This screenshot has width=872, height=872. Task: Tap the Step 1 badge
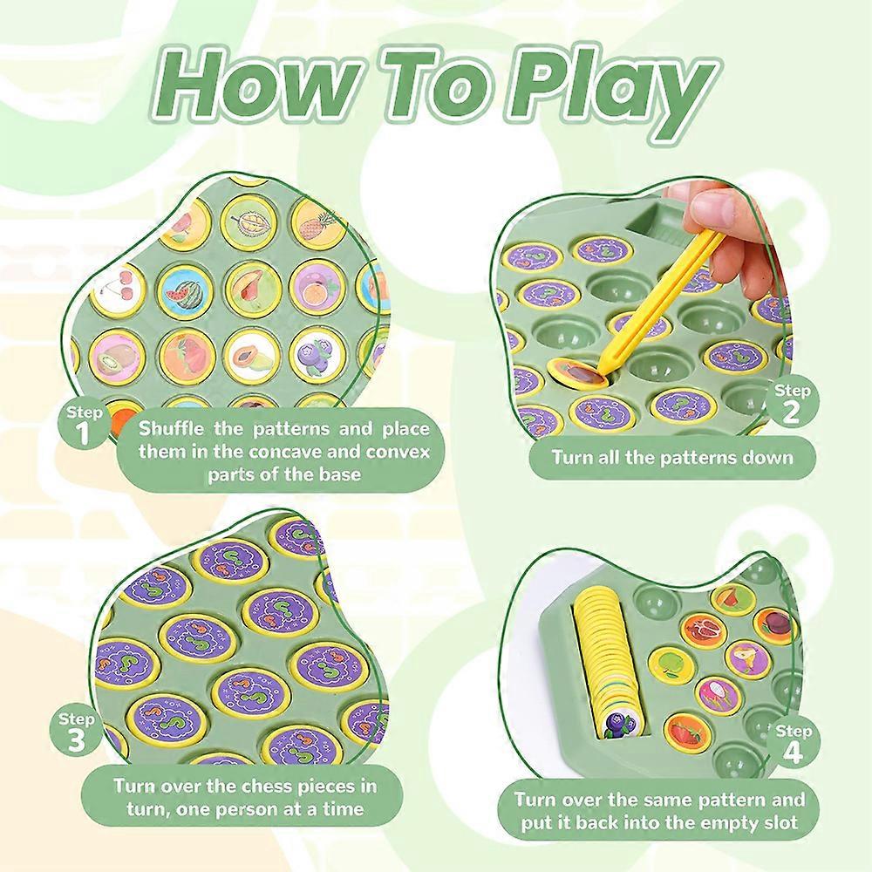(x=84, y=424)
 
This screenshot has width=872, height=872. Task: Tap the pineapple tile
(x=317, y=225)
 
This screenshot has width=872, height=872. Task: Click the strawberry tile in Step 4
(x=689, y=734)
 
